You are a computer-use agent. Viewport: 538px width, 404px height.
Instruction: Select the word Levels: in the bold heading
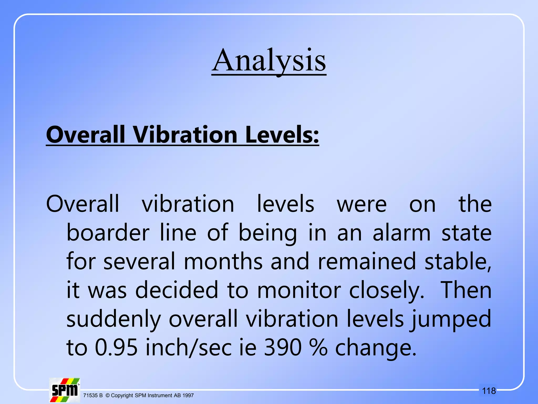282,135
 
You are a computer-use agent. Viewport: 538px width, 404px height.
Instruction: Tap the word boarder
108,233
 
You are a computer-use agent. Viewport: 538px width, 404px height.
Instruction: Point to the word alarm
402,233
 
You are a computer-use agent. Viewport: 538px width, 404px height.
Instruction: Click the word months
223,261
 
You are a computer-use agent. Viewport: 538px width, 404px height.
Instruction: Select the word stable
457,261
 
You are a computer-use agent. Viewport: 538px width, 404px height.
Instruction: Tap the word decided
177,290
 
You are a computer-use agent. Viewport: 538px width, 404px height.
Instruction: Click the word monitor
299,290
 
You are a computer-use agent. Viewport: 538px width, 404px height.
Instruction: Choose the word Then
466,290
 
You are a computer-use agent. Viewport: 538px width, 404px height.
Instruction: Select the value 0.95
116,347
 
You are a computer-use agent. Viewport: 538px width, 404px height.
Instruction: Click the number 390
283,347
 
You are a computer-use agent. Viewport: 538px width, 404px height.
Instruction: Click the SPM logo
65,390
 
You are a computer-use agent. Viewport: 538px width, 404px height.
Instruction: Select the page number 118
489,391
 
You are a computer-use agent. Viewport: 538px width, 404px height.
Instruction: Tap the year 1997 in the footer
188,395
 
